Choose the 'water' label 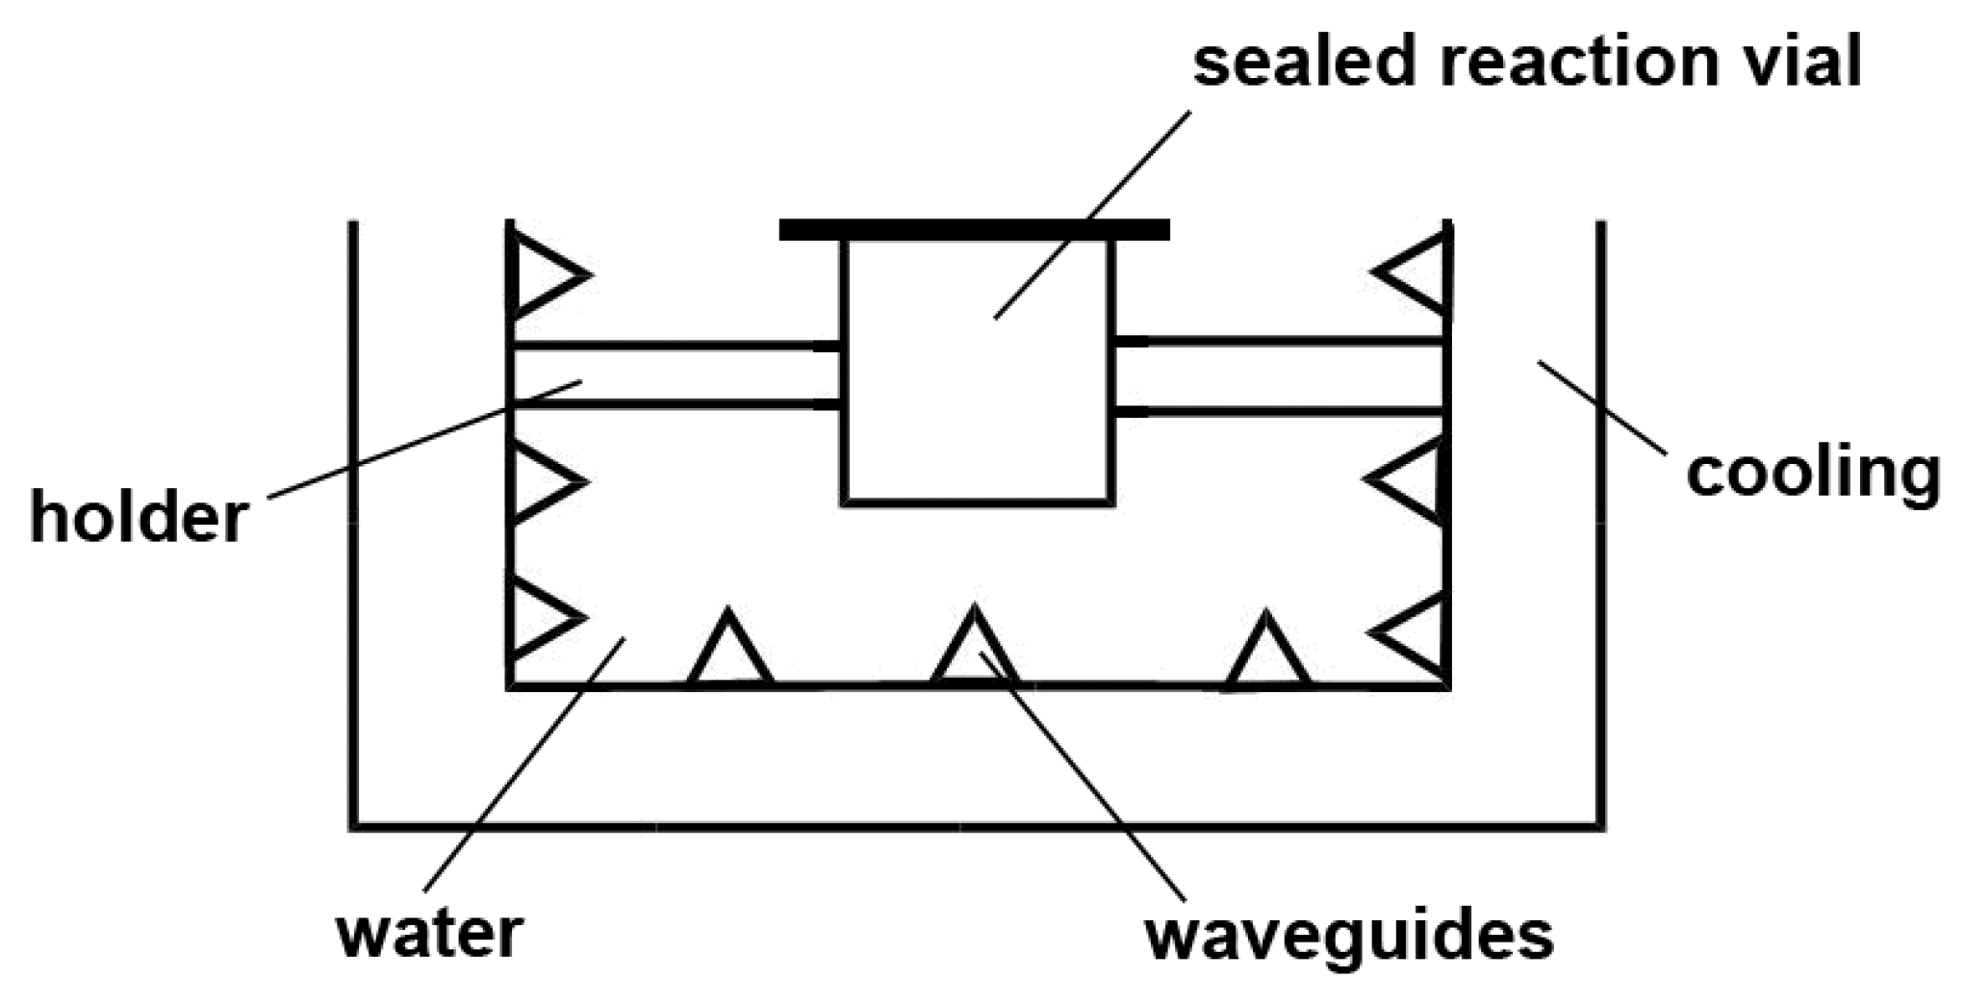coord(429,932)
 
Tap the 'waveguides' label coord(1349,934)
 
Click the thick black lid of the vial coord(974,229)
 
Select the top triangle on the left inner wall coord(542,275)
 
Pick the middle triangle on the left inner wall coord(541,480)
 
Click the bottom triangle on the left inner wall coord(541,616)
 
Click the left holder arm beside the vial coord(674,374)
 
